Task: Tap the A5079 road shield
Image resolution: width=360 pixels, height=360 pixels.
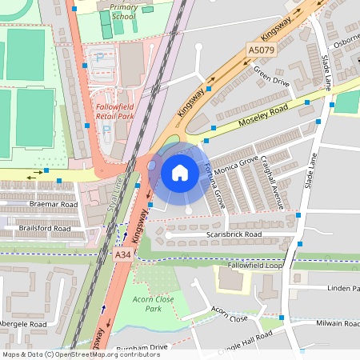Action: tap(260, 50)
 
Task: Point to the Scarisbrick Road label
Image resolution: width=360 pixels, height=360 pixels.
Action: tap(234, 234)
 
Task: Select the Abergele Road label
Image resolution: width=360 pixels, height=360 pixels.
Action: tap(23, 324)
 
